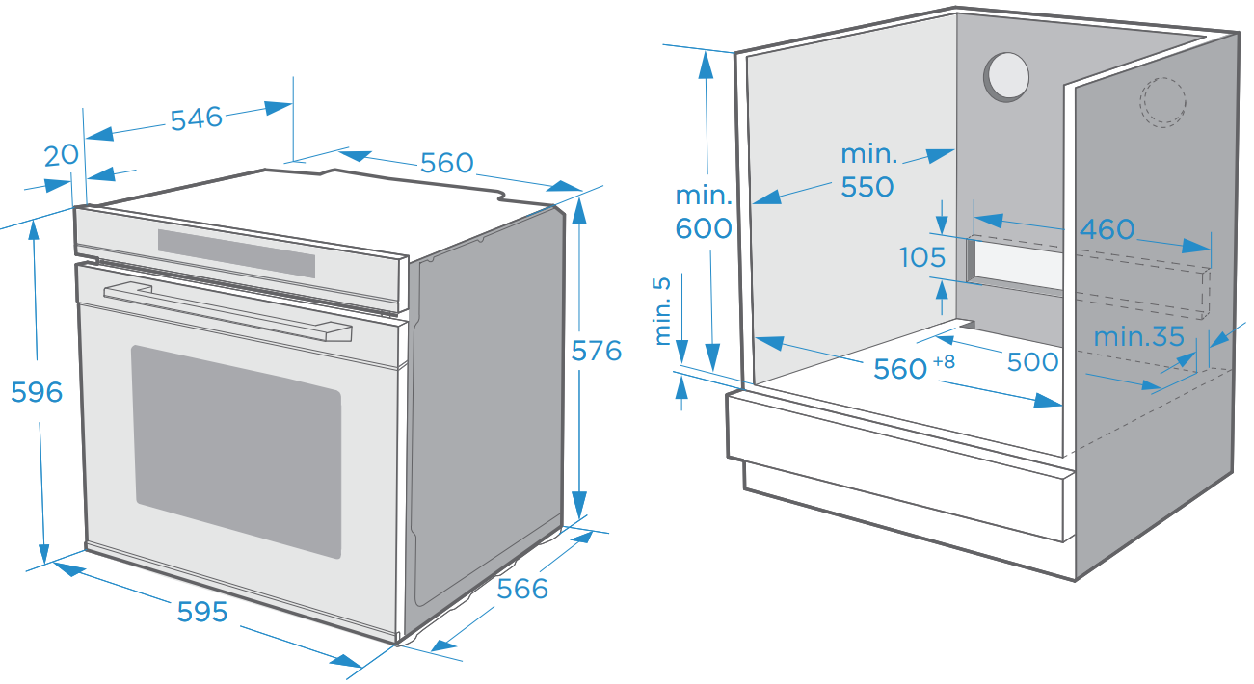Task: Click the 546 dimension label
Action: [x=197, y=118]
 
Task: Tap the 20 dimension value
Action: [x=62, y=156]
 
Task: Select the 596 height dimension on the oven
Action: [x=37, y=392]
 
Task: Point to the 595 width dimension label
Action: [x=202, y=612]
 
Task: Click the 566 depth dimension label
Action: [x=522, y=589]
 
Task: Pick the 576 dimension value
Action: [x=597, y=351]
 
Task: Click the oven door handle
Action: [x=227, y=312]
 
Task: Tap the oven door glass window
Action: [x=236, y=451]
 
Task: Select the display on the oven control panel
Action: [x=236, y=253]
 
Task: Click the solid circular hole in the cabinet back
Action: [x=1006, y=77]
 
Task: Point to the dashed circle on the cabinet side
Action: [x=1162, y=102]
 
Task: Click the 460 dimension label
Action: [x=1107, y=229]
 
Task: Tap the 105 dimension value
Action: [x=922, y=257]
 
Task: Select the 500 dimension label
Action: [x=1033, y=362]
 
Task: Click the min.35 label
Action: [x=1139, y=337]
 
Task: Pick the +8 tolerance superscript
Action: [x=944, y=361]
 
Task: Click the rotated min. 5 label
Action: [x=662, y=312]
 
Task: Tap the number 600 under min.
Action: [x=704, y=228]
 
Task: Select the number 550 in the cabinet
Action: [x=867, y=187]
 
